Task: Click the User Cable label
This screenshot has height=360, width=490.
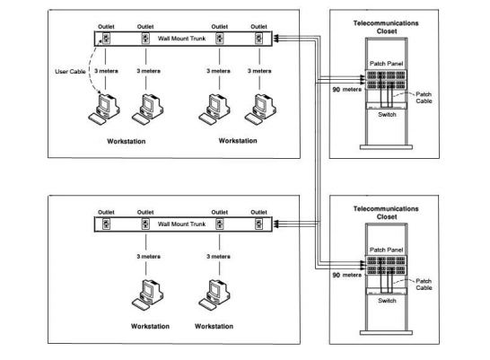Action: [70, 72]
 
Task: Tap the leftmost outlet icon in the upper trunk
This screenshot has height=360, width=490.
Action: [106, 39]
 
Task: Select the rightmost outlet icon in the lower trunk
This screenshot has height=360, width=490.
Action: [258, 224]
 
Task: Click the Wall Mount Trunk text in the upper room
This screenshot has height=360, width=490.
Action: [181, 39]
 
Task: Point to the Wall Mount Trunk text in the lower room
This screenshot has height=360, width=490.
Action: [181, 224]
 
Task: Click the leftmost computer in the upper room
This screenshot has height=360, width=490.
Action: [104, 110]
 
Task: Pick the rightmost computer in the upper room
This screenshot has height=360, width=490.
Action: [260, 110]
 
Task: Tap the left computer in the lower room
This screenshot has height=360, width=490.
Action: [147, 295]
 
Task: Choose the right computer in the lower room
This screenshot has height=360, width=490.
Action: [214, 295]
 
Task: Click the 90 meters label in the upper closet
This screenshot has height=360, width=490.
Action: [347, 90]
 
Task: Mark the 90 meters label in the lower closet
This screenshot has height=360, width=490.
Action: [347, 276]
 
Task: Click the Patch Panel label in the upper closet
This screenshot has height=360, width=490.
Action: [387, 64]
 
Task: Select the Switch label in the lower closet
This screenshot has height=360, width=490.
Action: [387, 301]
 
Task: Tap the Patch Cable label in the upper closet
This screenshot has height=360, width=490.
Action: [424, 98]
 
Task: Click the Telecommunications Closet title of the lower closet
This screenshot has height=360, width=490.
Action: [386, 213]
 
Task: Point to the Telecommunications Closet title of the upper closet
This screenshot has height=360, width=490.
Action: [386, 27]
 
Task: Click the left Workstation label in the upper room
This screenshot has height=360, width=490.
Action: [127, 141]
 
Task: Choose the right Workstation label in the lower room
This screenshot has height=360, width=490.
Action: [214, 326]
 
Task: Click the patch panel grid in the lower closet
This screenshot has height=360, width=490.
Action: [386, 266]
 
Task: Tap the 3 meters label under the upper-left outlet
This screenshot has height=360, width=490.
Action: [106, 71]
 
